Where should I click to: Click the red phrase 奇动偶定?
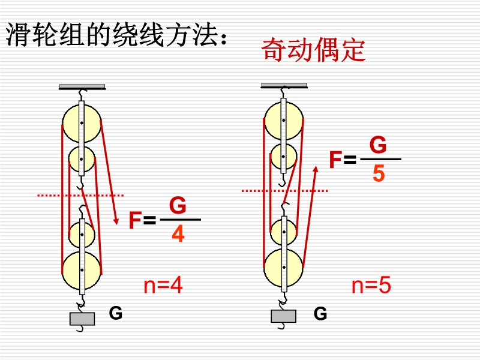(x=313, y=50)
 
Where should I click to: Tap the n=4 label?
(x=163, y=286)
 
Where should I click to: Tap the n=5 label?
(x=371, y=286)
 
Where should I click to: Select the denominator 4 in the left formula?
(x=178, y=234)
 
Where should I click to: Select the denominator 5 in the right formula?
(x=379, y=173)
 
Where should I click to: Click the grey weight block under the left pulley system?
(x=82, y=319)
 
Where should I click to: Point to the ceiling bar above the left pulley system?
(x=82, y=87)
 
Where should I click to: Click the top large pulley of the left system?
(x=82, y=122)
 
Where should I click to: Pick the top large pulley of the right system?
(x=283, y=120)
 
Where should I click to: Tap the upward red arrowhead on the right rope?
(x=316, y=173)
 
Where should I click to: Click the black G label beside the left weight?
(x=115, y=313)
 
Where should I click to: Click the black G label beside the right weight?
(x=320, y=313)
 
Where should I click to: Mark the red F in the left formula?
(x=135, y=221)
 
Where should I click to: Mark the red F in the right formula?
(x=335, y=160)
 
